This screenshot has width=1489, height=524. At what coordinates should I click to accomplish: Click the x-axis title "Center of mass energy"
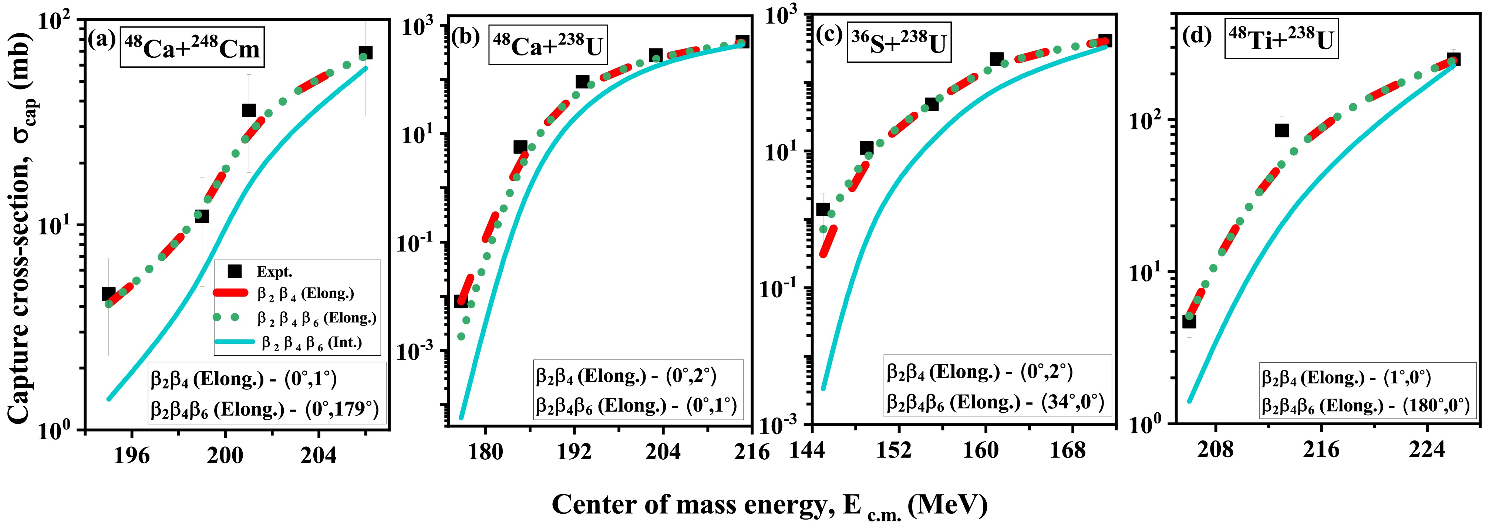coord(688,504)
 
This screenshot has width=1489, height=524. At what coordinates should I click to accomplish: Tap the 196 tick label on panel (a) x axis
coord(132,455)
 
